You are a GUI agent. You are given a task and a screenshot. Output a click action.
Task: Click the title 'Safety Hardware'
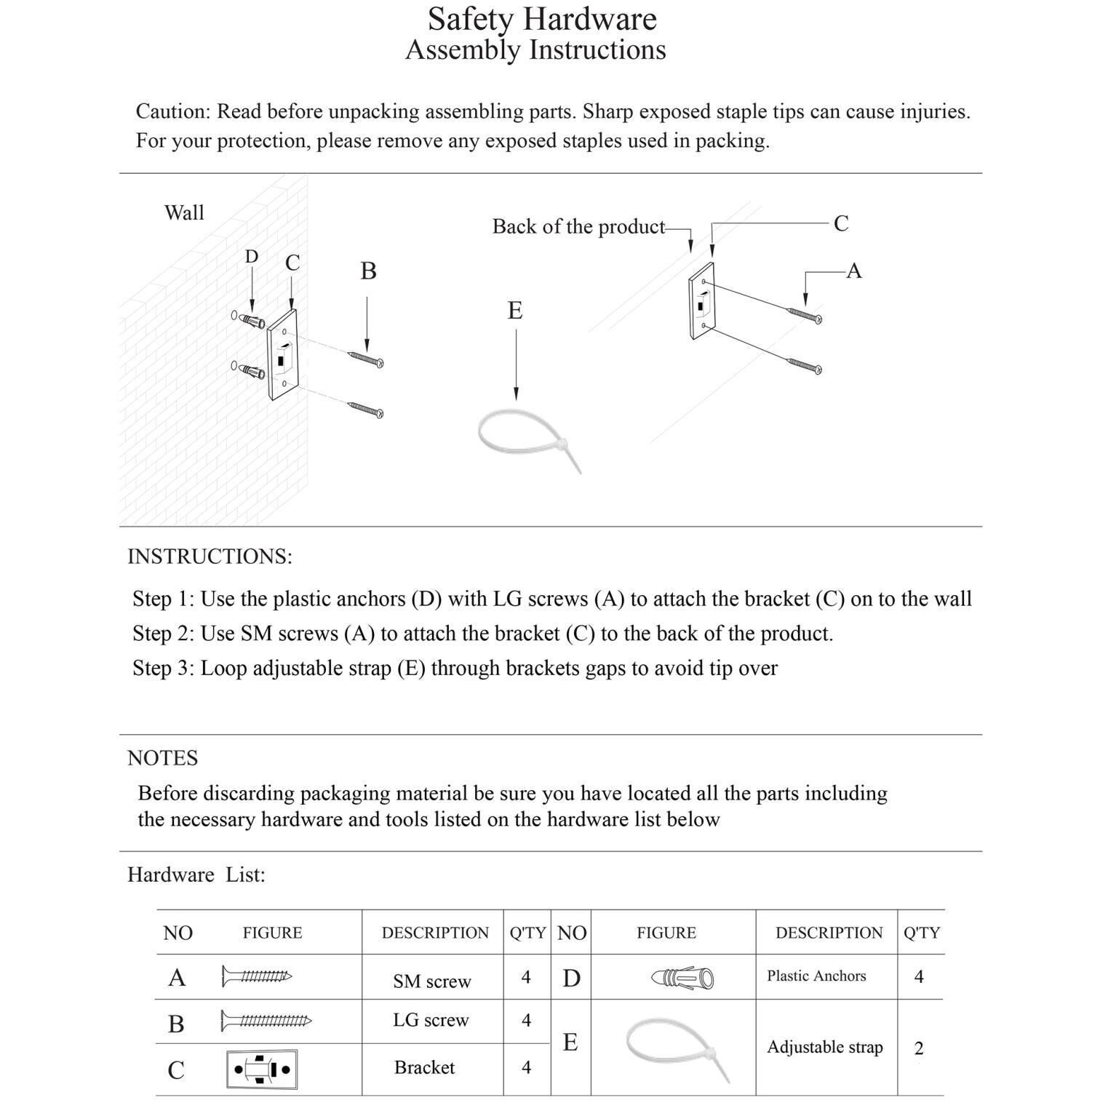point(542,19)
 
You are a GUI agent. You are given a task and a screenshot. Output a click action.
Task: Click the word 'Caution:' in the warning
point(173,111)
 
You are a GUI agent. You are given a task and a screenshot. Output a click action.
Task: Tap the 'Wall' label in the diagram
point(184,212)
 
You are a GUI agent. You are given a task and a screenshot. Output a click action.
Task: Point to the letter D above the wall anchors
point(251,257)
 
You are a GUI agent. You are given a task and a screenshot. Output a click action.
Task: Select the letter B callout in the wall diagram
point(368,271)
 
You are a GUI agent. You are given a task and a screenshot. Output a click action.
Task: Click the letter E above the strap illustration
point(515,311)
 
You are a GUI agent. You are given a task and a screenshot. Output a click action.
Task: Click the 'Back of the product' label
point(578,226)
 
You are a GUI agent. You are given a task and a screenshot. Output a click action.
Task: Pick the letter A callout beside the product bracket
point(854,271)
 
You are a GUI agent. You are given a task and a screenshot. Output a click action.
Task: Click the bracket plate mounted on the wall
point(282,354)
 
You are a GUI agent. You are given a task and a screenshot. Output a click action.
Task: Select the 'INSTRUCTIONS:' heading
point(210,557)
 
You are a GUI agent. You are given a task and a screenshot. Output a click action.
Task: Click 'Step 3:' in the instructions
point(163,668)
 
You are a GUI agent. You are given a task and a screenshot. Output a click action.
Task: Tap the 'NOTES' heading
point(162,758)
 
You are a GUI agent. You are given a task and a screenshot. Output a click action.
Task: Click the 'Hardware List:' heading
point(196,874)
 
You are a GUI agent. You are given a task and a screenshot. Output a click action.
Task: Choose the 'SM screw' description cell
point(432,981)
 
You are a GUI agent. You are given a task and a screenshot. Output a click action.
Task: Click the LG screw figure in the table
point(266,1021)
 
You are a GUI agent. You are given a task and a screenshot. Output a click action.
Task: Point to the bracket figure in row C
point(262,1069)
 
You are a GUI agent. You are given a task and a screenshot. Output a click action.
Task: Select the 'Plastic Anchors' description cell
point(816,976)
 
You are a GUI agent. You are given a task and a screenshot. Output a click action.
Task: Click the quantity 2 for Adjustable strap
point(919,1048)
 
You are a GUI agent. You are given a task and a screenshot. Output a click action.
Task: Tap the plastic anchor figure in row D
point(682,977)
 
